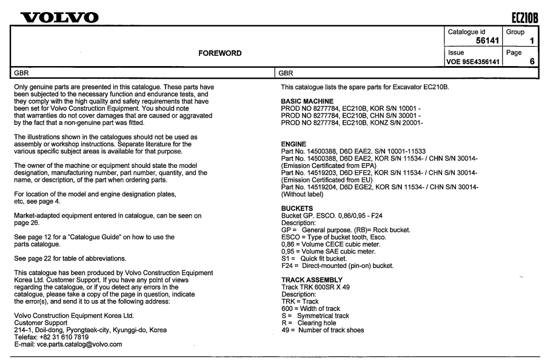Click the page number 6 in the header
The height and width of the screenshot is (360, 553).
(x=537, y=62)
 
